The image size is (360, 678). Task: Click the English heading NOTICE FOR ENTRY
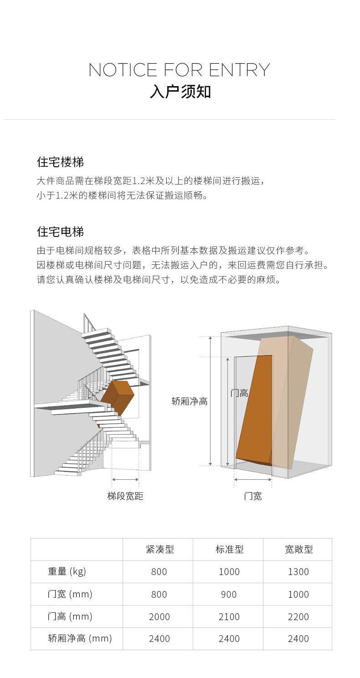(x=179, y=70)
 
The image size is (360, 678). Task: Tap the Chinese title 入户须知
(x=180, y=92)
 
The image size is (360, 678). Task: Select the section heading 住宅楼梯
(x=60, y=162)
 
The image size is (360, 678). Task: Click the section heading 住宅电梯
(x=60, y=232)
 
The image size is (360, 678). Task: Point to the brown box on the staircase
(x=117, y=398)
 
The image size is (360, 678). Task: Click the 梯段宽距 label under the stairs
(x=125, y=496)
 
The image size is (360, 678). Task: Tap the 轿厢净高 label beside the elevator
(x=190, y=401)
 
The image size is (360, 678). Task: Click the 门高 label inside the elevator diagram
(x=239, y=393)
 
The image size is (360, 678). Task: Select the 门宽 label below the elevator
(x=253, y=496)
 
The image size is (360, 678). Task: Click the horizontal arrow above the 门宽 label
(x=253, y=479)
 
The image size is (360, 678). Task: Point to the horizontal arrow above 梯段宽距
(x=125, y=479)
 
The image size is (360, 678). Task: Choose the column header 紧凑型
(x=160, y=550)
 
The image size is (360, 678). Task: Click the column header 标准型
(x=230, y=550)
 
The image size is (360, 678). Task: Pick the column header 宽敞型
(x=299, y=550)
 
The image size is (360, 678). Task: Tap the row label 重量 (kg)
(x=67, y=571)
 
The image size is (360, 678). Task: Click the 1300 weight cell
(x=298, y=572)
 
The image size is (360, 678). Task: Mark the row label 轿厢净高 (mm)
(x=80, y=638)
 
